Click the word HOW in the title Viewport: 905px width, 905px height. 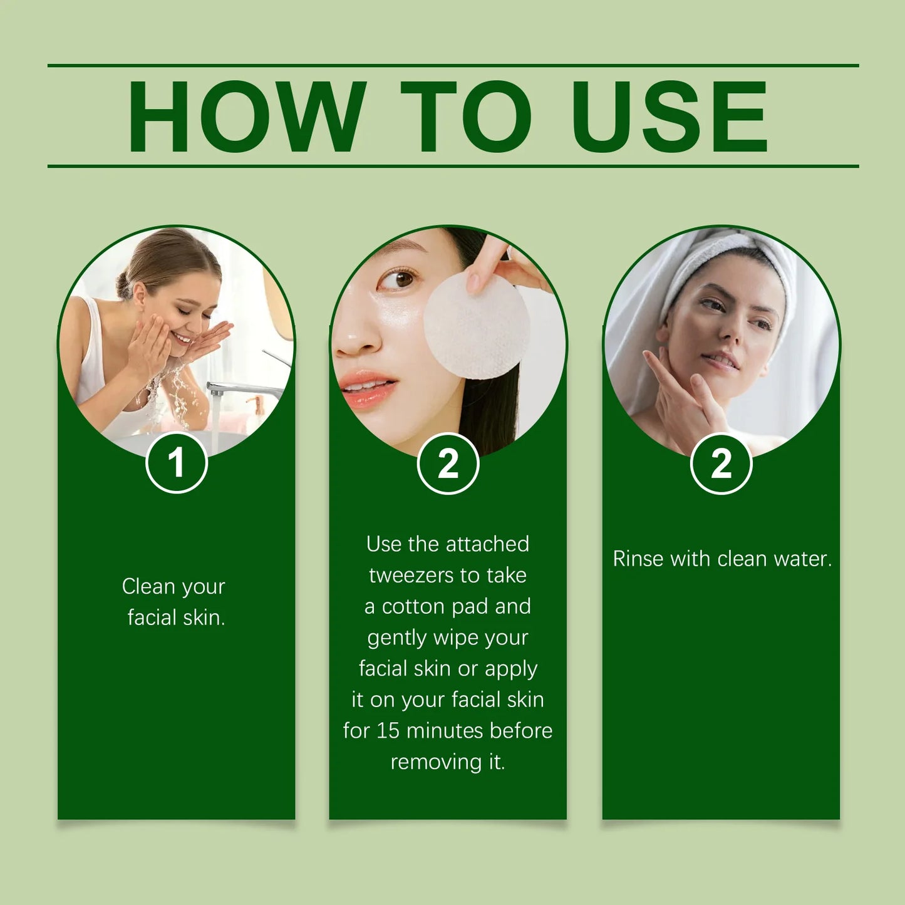(x=246, y=116)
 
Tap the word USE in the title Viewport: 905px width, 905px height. (x=670, y=116)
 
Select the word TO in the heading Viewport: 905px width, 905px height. (x=465, y=116)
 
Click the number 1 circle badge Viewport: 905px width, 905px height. (x=177, y=463)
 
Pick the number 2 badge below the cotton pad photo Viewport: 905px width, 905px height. (x=448, y=464)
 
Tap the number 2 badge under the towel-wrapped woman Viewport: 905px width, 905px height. (x=721, y=464)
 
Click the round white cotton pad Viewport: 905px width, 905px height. (x=477, y=326)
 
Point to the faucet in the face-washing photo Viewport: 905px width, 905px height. (x=244, y=388)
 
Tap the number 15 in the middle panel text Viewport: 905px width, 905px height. (x=388, y=730)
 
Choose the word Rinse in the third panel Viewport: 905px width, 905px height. (x=638, y=559)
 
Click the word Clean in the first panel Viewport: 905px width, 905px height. (x=148, y=586)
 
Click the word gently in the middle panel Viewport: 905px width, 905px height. (x=396, y=638)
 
